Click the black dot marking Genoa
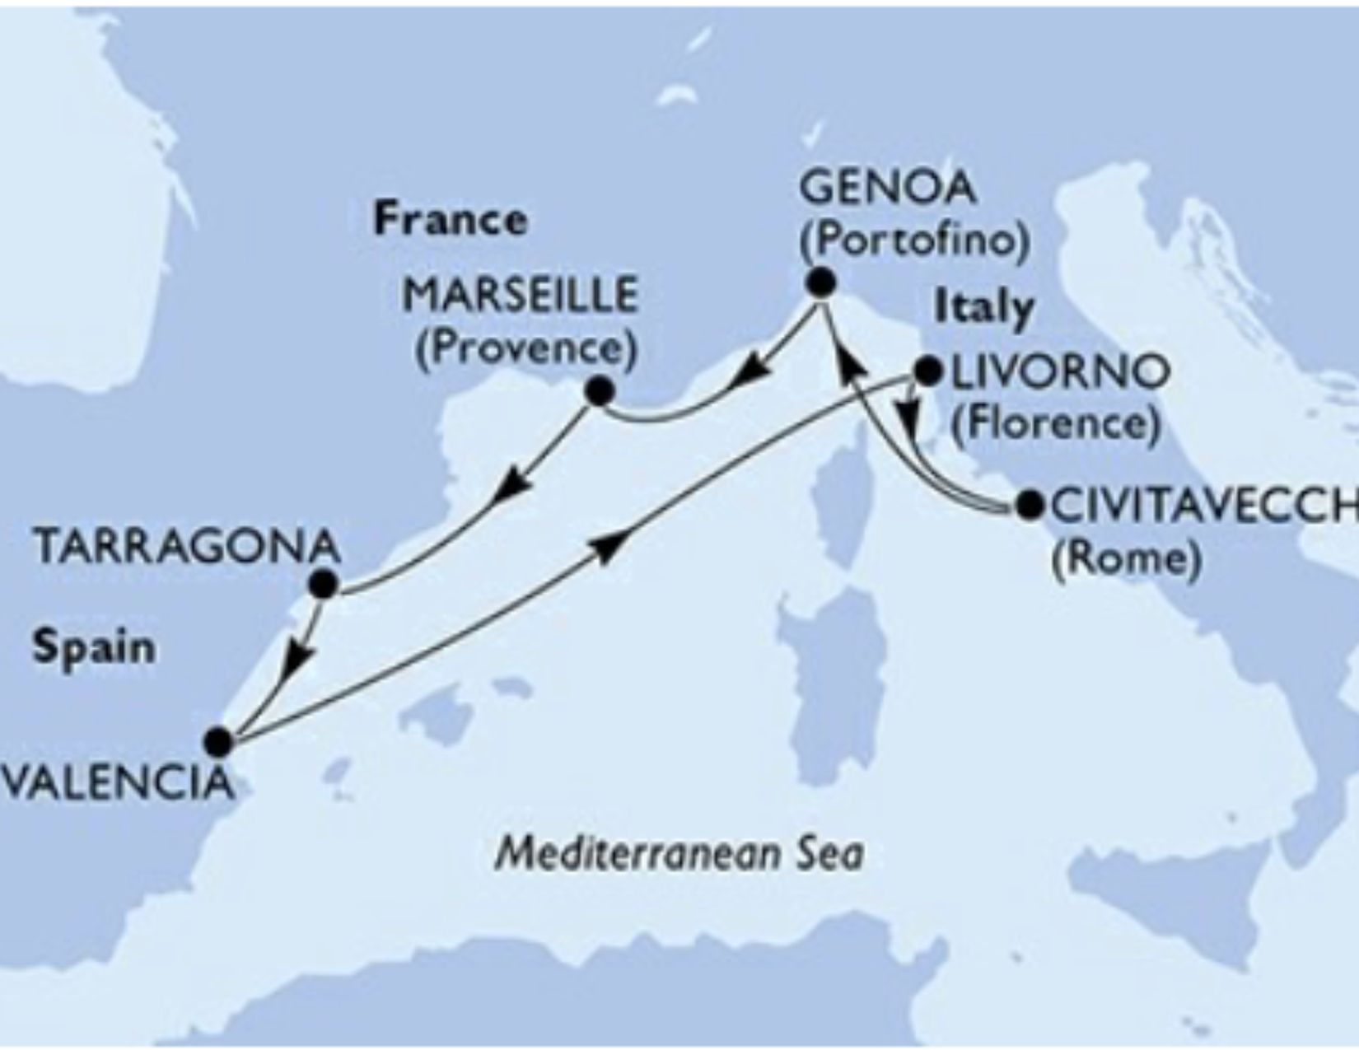click(820, 283)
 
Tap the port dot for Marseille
click(598, 391)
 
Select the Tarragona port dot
click(323, 585)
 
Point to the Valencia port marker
click(218, 742)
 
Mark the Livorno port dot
click(928, 371)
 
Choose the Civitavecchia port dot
click(1029, 505)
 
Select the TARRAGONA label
click(187, 547)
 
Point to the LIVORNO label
click(1060, 373)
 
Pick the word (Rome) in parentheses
click(1125, 560)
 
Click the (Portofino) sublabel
click(914, 241)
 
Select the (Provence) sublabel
click(526, 350)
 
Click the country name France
click(451, 221)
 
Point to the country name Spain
click(94, 648)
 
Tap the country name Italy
click(983, 308)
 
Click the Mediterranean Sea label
click(679, 855)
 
